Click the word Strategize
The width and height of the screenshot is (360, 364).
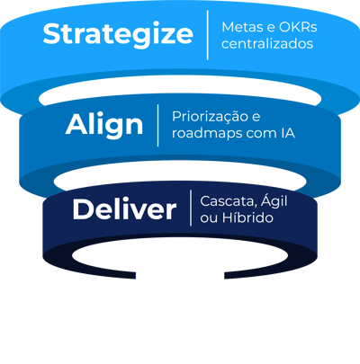pyautogui.click(x=118, y=34)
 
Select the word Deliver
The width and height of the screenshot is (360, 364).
pyautogui.click(x=124, y=209)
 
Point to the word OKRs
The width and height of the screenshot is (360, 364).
pyautogui.click(x=298, y=27)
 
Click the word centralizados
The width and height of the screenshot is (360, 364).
pyautogui.click(x=267, y=44)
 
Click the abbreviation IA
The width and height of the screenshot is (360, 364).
pyautogui.click(x=288, y=133)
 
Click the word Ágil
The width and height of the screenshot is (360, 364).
pyautogui.click(x=274, y=201)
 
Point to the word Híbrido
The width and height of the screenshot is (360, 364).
pyautogui.click(x=247, y=218)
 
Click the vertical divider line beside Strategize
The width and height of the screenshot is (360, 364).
pyautogui.click(x=208, y=35)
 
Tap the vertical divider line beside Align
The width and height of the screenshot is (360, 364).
pyautogui.click(x=157, y=125)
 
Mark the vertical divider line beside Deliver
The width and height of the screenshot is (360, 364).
pyautogui.click(x=191, y=208)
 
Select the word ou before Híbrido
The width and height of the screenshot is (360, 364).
pyautogui.click(x=209, y=218)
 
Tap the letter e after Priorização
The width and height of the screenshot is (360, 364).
pyautogui.click(x=256, y=118)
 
